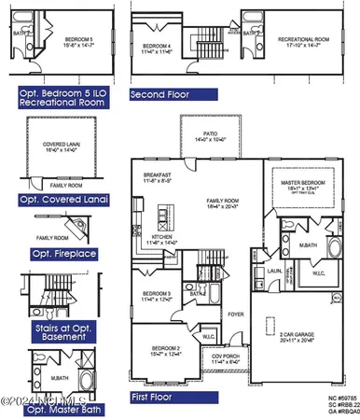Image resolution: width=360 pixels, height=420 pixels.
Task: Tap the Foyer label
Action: pyautogui.click(x=236, y=315)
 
